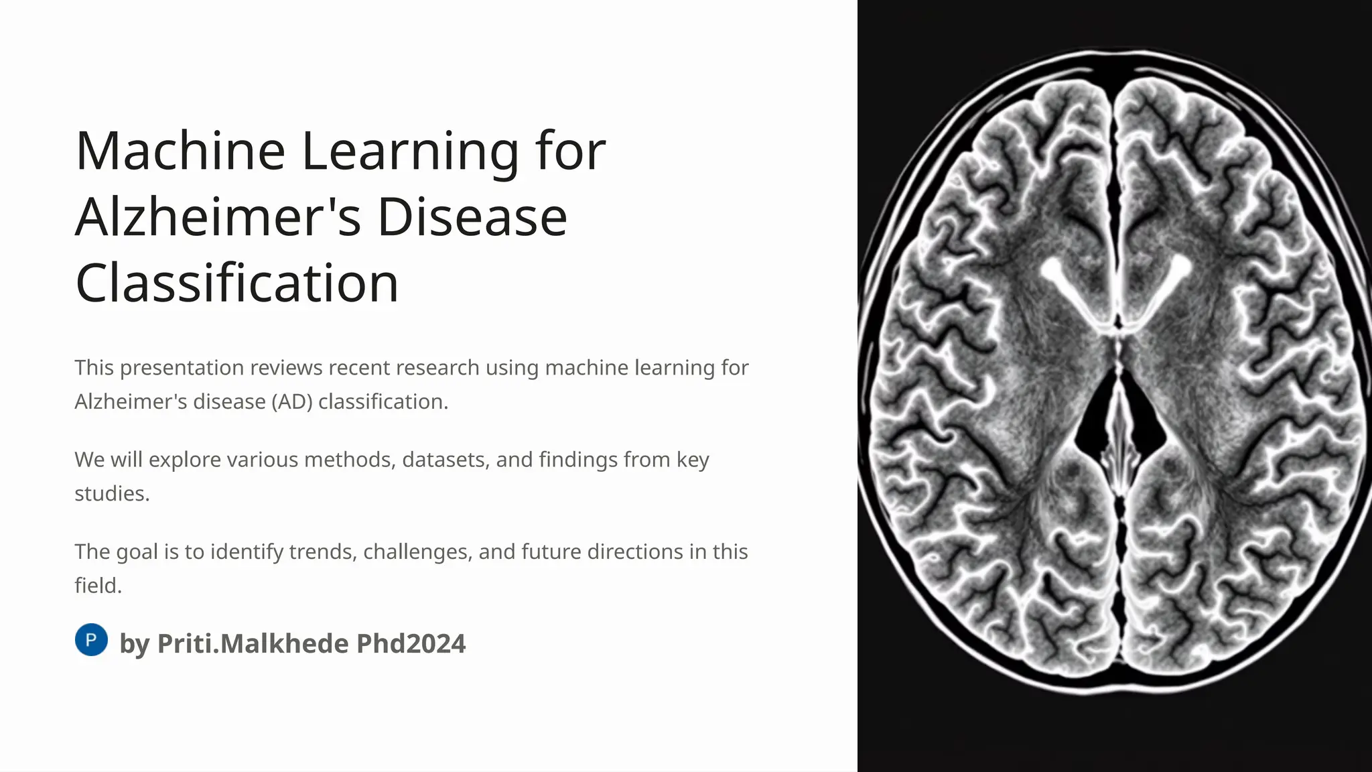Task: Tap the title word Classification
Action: point(237,283)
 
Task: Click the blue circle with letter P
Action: point(91,639)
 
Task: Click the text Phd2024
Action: point(411,643)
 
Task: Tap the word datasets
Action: point(445,460)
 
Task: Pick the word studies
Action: point(112,494)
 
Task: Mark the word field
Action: point(98,586)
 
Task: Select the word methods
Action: point(348,460)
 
